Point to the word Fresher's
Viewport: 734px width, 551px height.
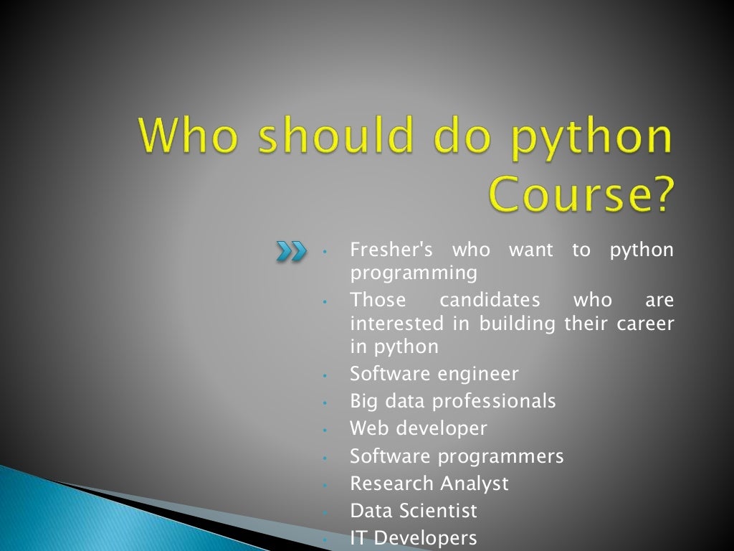click(x=391, y=250)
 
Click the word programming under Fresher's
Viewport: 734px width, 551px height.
click(x=413, y=273)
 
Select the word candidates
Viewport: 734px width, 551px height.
click(x=490, y=299)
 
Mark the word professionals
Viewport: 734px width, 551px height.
click(x=494, y=401)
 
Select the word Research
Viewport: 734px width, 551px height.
click(x=391, y=484)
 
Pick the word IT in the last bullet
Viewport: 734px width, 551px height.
click(x=358, y=537)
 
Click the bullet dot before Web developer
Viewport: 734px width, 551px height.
click(x=325, y=430)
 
